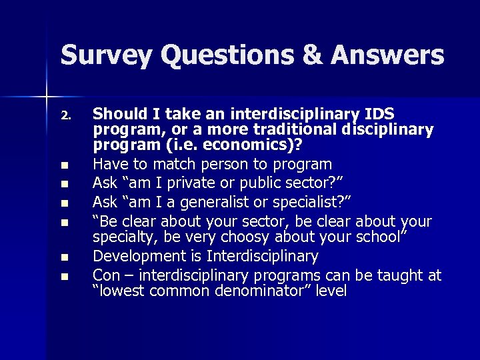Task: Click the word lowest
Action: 119,291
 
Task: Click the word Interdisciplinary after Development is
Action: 263,256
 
